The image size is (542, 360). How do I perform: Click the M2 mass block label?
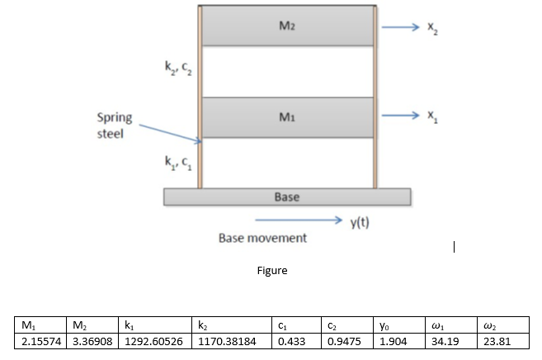(286, 26)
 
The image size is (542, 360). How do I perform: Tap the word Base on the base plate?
(286, 197)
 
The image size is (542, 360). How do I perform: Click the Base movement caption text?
(262, 238)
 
